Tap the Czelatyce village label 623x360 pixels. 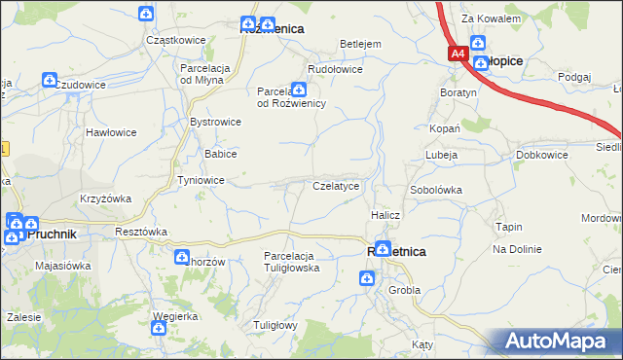coord(336,185)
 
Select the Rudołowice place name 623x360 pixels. coord(335,69)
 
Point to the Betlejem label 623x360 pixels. coord(359,44)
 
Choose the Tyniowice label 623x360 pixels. coord(202,180)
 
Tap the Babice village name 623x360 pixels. coord(220,154)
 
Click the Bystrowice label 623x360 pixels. coord(215,123)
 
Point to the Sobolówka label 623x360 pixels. coord(435,190)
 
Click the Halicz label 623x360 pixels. coord(385,214)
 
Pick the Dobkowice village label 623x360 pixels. coord(542,155)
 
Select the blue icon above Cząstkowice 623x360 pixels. coord(145,14)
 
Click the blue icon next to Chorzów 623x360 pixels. coord(180,257)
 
